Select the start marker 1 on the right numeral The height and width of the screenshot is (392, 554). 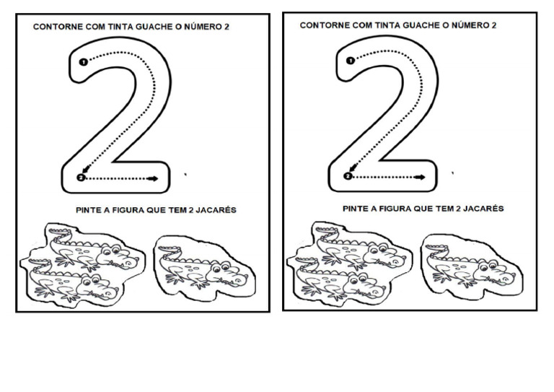[351, 61]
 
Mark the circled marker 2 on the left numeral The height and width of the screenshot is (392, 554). [80, 178]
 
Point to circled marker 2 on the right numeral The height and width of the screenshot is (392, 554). [348, 175]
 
